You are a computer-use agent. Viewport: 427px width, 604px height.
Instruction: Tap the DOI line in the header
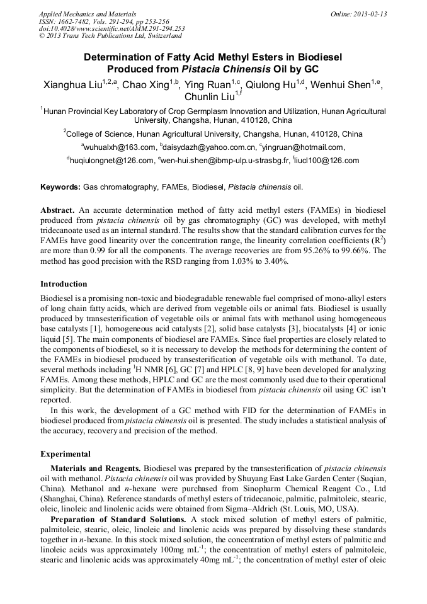(x=111, y=28)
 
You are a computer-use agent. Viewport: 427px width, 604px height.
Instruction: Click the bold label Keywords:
(x=61, y=187)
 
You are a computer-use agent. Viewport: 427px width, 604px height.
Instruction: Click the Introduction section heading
(x=64, y=284)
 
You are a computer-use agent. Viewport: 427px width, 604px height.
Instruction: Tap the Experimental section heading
(x=65, y=454)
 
